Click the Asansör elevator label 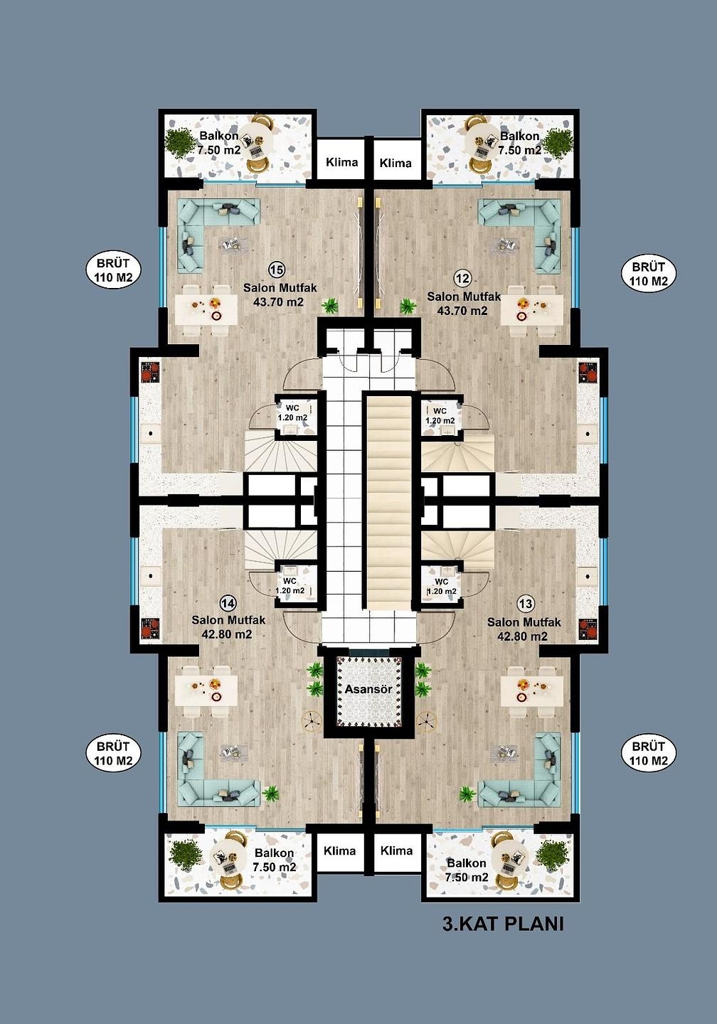point(368,688)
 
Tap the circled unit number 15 point(276,270)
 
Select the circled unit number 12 point(462,278)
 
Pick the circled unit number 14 point(228,604)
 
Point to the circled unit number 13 point(526,604)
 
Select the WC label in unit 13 point(441,582)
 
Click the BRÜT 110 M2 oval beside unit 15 point(113,270)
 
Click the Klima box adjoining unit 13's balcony point(396,851)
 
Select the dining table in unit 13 point(532,690)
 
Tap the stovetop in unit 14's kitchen point(149,628)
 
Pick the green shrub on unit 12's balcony point(558,143)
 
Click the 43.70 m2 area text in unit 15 point(279,302)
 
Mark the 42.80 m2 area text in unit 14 point(227,634)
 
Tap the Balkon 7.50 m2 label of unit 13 point(467,870)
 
